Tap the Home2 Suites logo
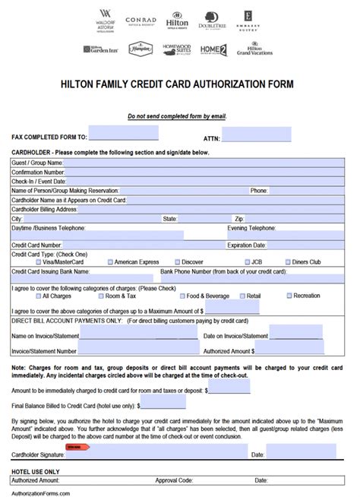pos(213,50)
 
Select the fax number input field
pos(124,135)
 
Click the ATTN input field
pos(257,135)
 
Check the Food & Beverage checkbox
pos(182,296)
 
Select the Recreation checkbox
pos(289,296)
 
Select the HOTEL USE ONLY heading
pos(35,471)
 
